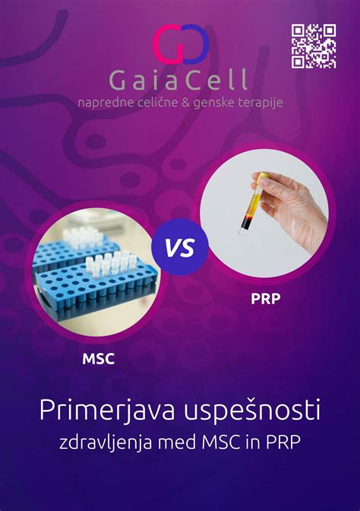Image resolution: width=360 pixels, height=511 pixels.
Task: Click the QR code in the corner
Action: pos(314,46)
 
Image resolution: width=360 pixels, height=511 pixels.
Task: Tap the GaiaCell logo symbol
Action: pos(180,43)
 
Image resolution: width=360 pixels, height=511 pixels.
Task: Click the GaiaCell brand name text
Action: pos(180,80)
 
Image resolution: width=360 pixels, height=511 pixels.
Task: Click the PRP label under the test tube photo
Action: pos(265,299)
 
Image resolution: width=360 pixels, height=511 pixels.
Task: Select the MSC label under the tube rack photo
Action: pos(98,358)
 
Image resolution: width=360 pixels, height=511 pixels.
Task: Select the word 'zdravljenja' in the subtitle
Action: pos(103,443)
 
